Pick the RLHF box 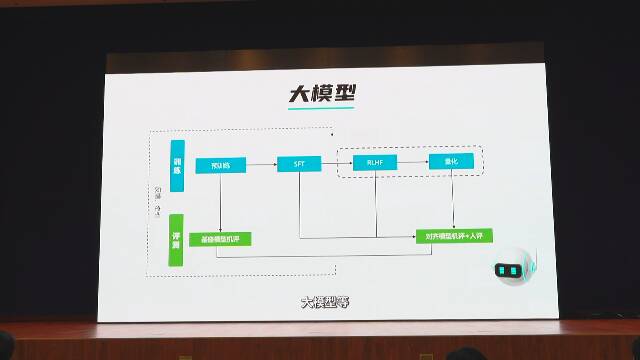[376, 162]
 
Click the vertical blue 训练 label [177, 164]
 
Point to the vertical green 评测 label [177, 240]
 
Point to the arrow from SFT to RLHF [336, 163]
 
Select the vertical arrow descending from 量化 [454, 200]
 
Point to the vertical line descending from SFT [298, 205]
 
